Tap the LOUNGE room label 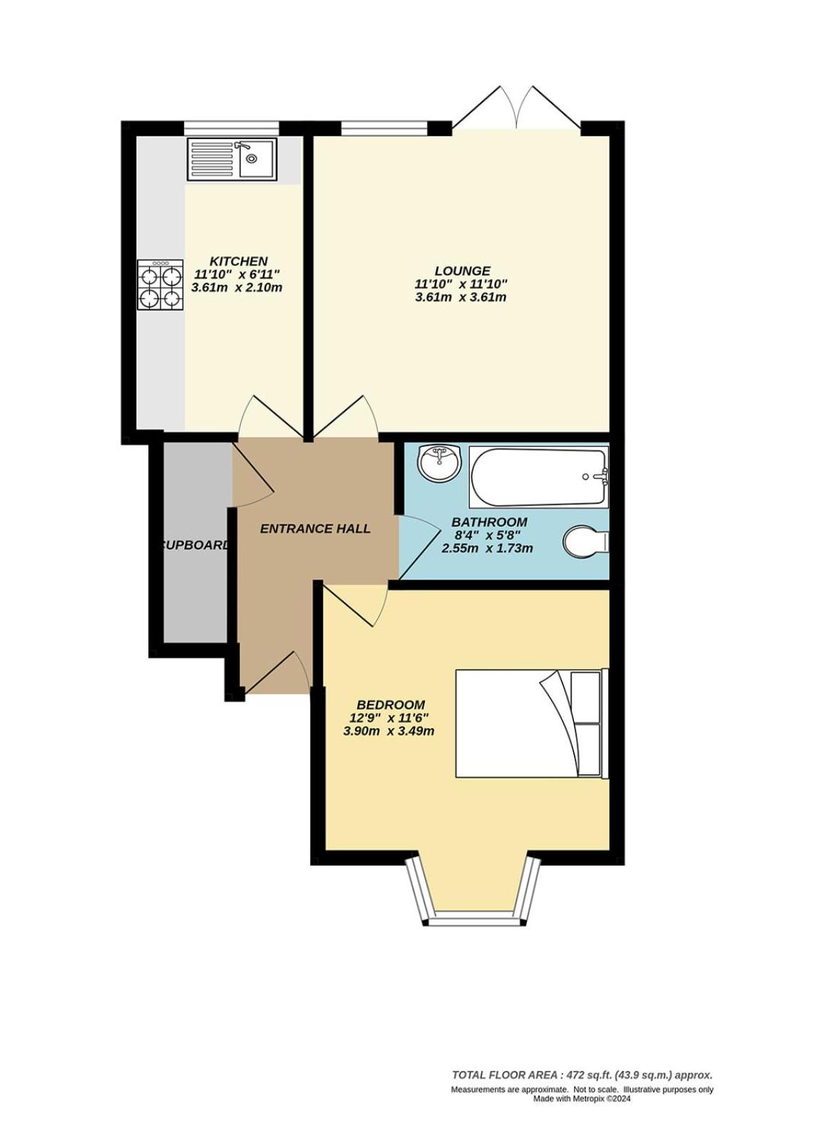coord(462,271)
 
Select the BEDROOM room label coord(391,705)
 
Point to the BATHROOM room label coord(489,522)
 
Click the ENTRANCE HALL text coord(315,529)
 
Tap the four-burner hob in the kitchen coord(160,285)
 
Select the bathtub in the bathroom coord(538,477)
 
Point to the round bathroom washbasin coord(439,463)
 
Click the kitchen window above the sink coord(232,128)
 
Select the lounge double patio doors coord(516,108)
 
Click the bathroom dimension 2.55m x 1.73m coord(487,548)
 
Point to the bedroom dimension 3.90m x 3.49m coord(389,731)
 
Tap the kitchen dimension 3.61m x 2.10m coord(237,287)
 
